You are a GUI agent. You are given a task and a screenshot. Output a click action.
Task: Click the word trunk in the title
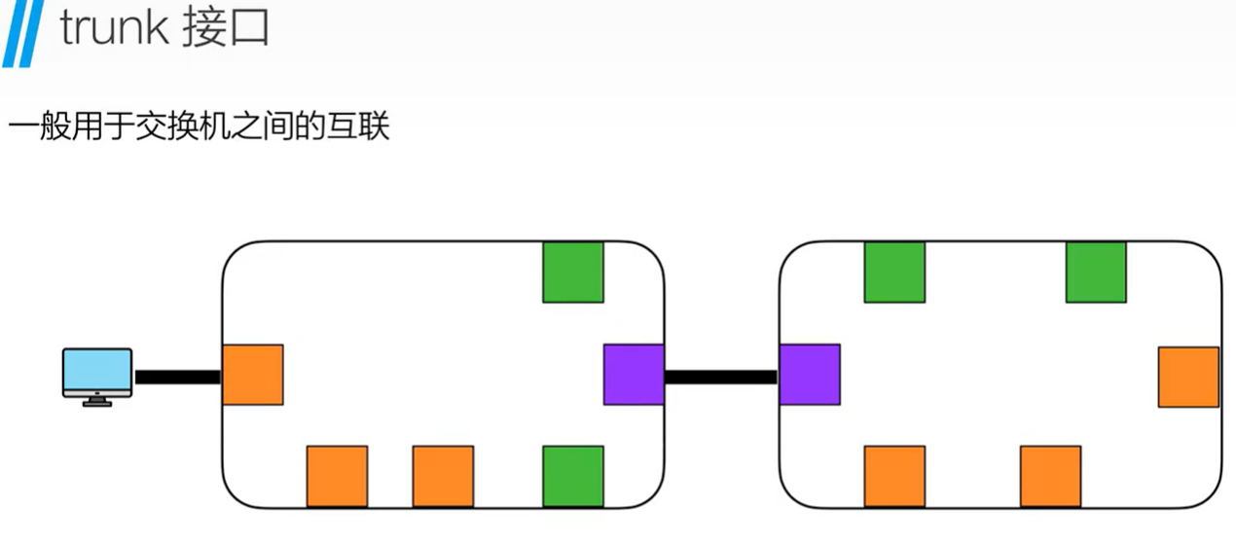click(114, 29)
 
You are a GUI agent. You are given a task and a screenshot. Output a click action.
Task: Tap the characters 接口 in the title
click(225, 29)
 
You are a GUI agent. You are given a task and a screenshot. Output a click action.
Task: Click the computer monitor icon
click(96, 376)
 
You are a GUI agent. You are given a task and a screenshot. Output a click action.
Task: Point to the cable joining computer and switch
click(178, 377)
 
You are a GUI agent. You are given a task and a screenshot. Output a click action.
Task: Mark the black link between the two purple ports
click(721, 376)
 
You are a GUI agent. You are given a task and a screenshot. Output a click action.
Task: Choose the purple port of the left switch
click(634, 375)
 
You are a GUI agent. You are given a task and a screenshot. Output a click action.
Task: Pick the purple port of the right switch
click(809, 375)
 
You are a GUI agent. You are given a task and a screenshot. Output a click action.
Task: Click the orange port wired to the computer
click(253, 375)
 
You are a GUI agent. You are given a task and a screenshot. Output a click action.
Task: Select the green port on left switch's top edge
click(573, 272)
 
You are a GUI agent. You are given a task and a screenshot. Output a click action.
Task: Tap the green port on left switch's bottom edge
click(573, 476)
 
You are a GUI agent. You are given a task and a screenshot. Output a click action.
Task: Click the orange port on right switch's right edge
click(1188, 377)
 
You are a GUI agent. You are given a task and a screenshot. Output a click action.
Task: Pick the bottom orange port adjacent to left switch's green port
click(443, 476)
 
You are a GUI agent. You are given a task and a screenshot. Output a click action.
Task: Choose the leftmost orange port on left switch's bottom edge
click(337, 476)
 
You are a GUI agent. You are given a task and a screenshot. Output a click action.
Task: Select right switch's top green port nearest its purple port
click(894, 272)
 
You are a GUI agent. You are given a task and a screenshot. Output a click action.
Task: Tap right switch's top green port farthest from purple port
click(1096, 272)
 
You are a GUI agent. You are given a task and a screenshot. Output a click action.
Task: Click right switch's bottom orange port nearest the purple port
click(894, 476)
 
